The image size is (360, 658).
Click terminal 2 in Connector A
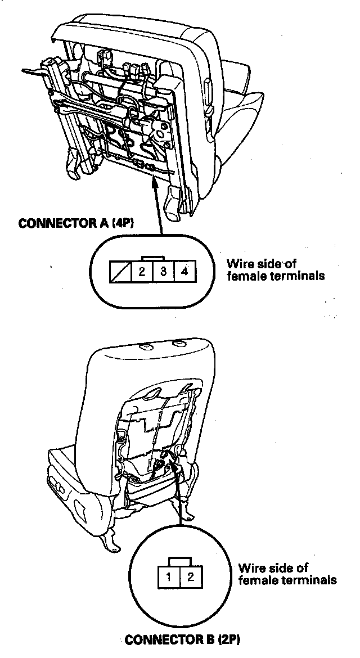click(142, 272)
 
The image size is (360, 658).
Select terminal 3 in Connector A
click(163, 272)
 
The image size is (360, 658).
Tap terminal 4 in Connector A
click(184, 272)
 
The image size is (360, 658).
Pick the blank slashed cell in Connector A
click(120, 272)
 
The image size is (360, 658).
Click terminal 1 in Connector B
click(169, 576)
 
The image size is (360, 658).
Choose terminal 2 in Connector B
click(190, 576)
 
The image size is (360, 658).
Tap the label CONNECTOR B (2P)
click(185, 640)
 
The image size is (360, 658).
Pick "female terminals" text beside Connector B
click(287, 580)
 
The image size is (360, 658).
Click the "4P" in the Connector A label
click(121, 223)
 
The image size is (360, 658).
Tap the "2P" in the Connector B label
click(232, 640)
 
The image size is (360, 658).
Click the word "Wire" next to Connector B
click(250, 568)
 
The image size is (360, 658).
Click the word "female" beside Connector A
click(244, 276)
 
